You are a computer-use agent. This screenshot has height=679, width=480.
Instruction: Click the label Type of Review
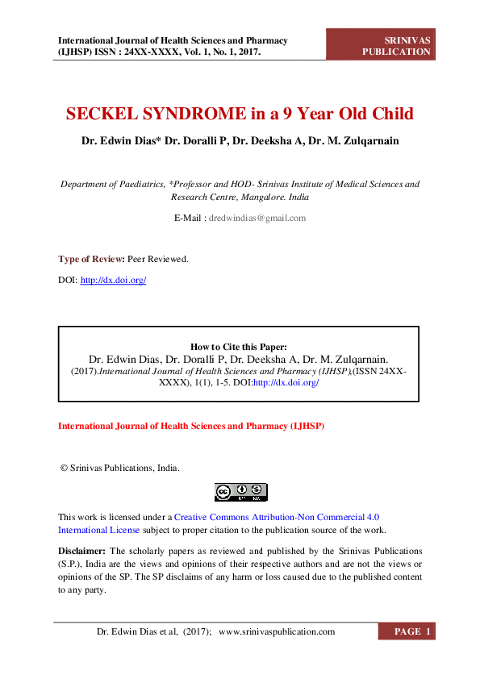pos(90,259)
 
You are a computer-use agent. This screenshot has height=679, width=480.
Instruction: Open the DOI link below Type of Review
pos(113,280)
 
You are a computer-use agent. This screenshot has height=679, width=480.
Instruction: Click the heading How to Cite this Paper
pos(238,347)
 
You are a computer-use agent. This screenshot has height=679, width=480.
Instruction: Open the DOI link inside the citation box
pos(286,383)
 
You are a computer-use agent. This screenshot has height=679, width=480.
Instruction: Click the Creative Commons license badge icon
pos(240,492)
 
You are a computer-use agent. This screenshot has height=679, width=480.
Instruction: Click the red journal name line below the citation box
pos(190,425)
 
